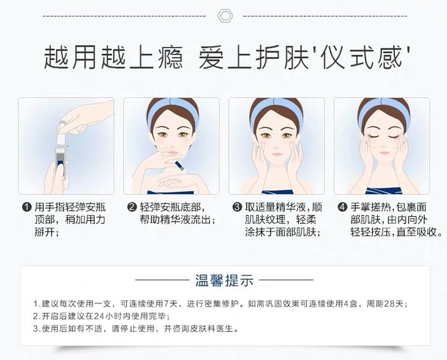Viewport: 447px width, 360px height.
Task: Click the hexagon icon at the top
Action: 225,16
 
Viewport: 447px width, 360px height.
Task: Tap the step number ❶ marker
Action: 26,207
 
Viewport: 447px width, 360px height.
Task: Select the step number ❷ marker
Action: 132,207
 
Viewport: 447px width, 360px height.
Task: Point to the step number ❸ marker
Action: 237,207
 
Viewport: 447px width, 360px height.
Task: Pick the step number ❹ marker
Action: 342,207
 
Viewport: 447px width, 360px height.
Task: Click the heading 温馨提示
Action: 224,280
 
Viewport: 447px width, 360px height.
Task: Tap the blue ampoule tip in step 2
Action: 180,166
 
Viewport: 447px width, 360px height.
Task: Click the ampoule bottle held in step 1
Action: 60,162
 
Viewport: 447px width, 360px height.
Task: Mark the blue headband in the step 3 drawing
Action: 276,110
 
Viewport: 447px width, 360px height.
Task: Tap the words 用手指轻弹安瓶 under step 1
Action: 70,207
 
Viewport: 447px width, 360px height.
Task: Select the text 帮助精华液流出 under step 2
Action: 175,220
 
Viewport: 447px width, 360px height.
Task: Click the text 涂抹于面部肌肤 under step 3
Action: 280,232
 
